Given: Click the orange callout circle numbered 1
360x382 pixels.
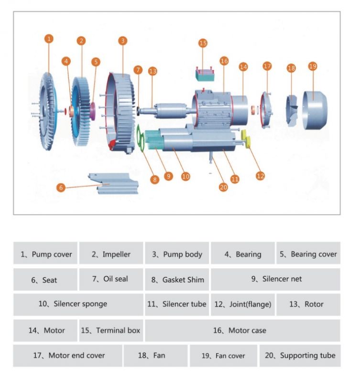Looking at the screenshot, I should [x=49, y=39].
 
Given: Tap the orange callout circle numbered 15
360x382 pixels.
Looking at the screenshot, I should [x=203, y=43].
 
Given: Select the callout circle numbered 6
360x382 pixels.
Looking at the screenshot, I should [x=61, y=188].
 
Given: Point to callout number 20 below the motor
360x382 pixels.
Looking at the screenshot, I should [x=223, y=187].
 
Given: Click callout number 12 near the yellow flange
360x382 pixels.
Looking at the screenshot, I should [x=260, y=176].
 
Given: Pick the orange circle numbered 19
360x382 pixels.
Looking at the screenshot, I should [x=313, y=66].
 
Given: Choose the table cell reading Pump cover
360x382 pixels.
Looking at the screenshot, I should [x=45, y=254].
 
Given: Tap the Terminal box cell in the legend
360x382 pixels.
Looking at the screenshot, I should [x=110, y=330].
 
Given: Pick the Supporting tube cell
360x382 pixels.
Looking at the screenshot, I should [x=300, y=355].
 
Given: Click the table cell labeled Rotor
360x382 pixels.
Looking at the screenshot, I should [x=308, y=304].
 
